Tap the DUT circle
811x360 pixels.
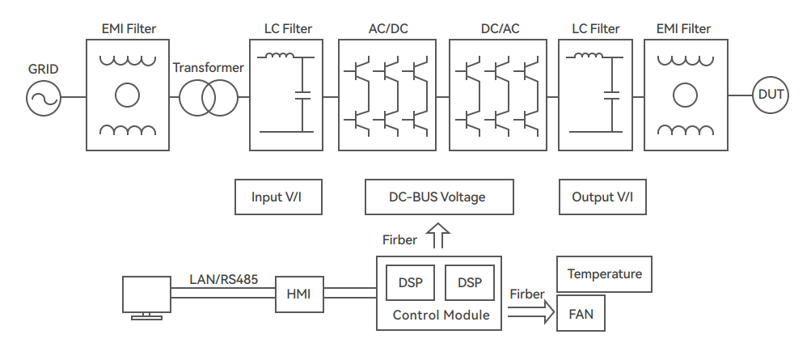point(769,95)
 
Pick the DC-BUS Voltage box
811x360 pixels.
point(438,197)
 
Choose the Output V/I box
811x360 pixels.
point(603,197)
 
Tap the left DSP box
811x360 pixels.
point(410,282)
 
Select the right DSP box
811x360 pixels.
point(469,282)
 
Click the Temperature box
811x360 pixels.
point(604,274)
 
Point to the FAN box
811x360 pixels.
point(581,315)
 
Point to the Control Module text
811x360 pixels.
point(441,315)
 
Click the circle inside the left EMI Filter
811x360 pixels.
point(127,95)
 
